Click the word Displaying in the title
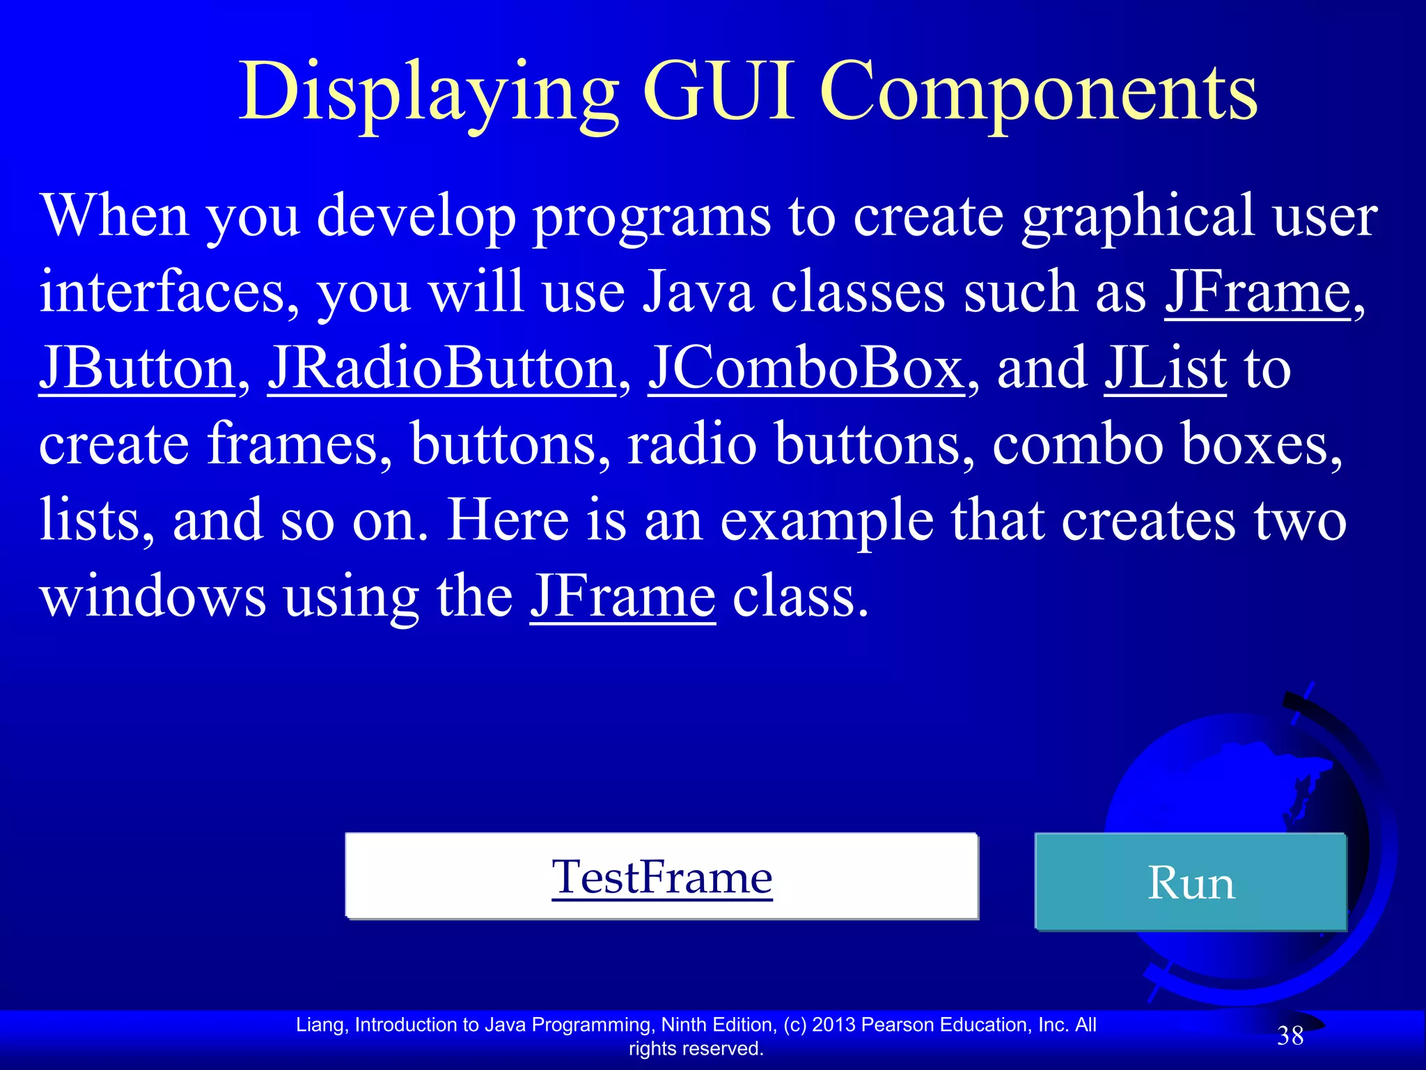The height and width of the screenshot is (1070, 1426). (x=428, y=94)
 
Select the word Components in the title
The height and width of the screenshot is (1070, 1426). (x=1038, y=94)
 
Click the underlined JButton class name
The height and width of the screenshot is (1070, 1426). (x=137, y=369)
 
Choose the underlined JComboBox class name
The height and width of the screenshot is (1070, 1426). (x=806, y=369)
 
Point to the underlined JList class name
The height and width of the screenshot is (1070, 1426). (x=1165, y=369)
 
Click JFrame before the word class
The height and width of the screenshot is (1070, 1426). (x=622, y=597)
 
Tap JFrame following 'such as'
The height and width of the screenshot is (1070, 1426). (x=1257, y=293)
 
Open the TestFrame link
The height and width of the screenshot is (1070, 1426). (x=661, y=877)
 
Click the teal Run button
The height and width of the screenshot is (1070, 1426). (x=1191, y=883)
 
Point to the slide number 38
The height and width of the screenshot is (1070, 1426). (x=1290, y=1037)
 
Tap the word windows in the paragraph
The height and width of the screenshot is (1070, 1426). (x=152, y=597)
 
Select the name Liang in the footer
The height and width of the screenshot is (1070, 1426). (x=319, y=1025)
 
